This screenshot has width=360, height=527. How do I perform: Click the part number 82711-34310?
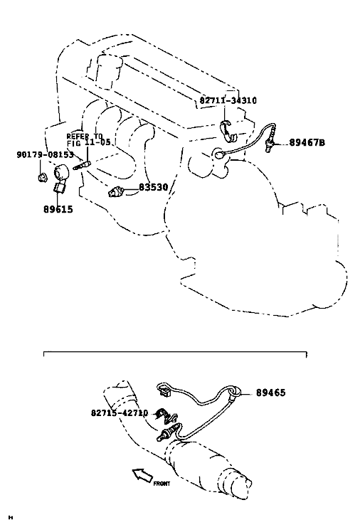(228, 100)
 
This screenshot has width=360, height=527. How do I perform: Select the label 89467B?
(307, 142)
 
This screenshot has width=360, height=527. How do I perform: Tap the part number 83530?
(153, 187)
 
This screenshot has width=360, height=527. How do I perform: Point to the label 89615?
(58, 209)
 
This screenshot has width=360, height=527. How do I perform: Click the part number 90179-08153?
(45, 154)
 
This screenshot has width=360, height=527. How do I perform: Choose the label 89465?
(270, 393)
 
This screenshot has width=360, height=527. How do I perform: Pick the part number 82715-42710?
(120, 412)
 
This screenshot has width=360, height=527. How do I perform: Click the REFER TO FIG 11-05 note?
(88, 139)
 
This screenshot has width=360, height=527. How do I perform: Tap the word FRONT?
(162, 484)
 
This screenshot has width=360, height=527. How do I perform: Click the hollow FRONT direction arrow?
(142, 476)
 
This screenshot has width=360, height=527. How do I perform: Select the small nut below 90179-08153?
(42, 177)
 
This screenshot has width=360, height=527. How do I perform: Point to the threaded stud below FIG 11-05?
(83, 166)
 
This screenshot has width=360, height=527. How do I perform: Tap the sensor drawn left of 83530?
(116, 192)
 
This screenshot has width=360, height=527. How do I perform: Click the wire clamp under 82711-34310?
(228, 131)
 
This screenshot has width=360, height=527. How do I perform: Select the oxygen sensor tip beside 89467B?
(270, 144)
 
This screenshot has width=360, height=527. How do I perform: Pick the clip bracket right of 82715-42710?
(166, 416)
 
